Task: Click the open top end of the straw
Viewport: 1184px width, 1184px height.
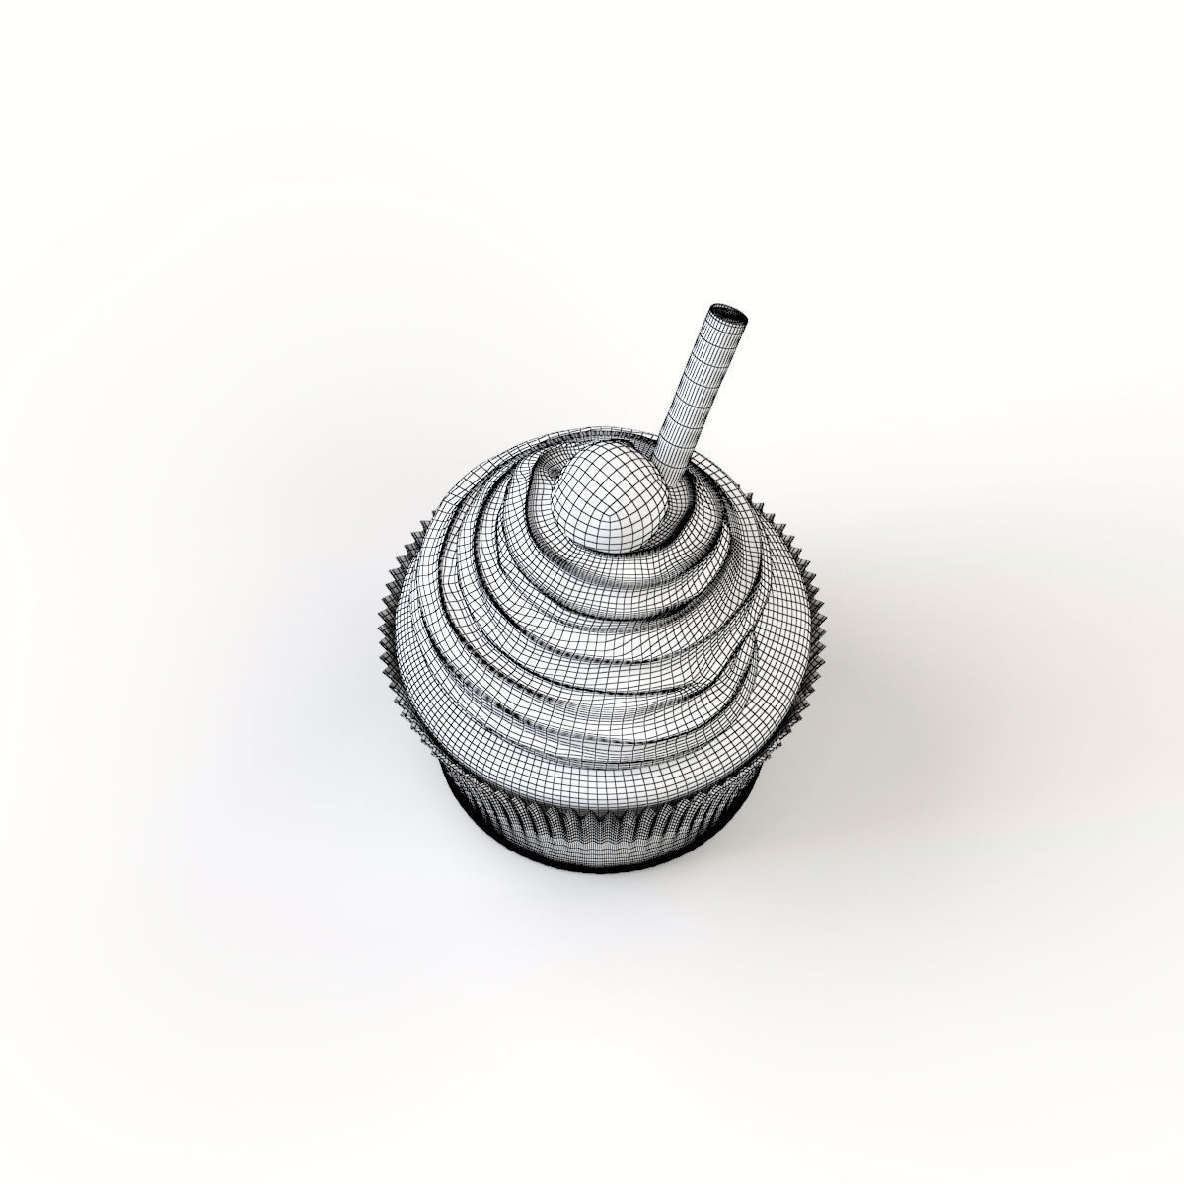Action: tap(728, 316)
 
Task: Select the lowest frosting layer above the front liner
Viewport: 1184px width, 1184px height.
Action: tap(592, 760)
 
